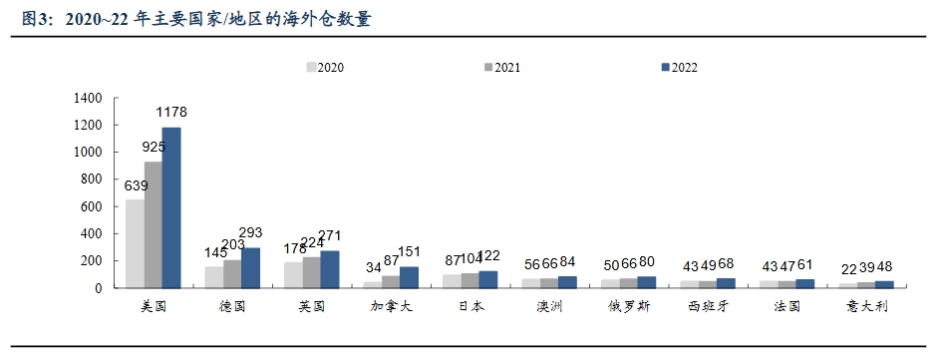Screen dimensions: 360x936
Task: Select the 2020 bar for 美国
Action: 134,243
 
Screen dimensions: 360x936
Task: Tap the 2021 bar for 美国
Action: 153,224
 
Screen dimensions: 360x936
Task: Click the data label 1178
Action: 169,112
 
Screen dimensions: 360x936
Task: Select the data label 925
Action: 154,146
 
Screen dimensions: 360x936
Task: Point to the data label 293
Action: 250,232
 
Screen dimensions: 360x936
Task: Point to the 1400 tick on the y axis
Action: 88,98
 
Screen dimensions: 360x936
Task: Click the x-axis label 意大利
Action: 864,306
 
